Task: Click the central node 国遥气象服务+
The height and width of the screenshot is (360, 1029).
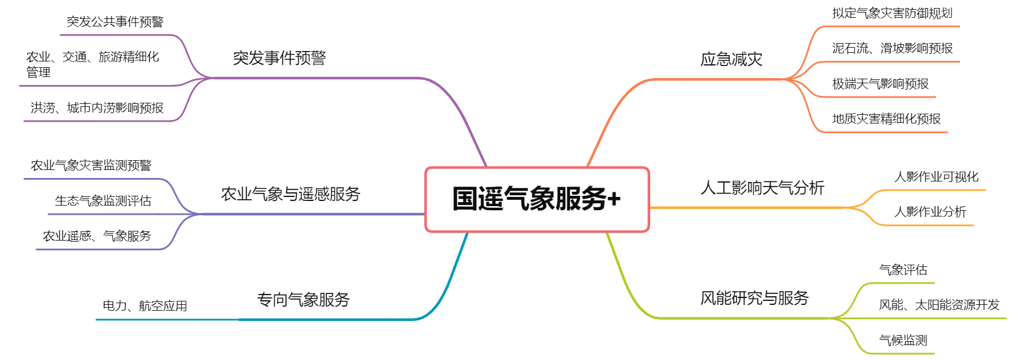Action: [537, 199]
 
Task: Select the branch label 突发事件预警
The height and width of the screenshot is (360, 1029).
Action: [279, 58]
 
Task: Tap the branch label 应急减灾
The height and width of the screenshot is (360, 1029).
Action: [731, 59]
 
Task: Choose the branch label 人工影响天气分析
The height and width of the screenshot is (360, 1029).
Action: [762, 188]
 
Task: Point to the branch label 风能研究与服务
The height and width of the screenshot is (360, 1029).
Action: [754, 298]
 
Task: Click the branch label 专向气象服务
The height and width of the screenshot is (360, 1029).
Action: [303, 300]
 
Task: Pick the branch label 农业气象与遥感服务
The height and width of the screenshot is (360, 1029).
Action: [290, 194]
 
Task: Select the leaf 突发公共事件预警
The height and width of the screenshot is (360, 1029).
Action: [115, 22]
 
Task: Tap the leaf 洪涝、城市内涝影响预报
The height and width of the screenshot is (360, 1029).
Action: [97, 108]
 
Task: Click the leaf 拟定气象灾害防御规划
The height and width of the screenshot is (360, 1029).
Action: [892, 13]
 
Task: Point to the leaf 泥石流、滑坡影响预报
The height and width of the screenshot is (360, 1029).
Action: [892, 48]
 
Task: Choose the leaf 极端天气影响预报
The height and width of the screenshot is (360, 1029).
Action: [880, 84]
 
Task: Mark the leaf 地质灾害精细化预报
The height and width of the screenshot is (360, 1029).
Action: [887, 119]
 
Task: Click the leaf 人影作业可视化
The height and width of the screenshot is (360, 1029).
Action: [937, 177]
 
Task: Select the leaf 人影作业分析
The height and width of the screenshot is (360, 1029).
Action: [930, 212]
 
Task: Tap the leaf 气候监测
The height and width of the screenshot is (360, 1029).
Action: [903, 340]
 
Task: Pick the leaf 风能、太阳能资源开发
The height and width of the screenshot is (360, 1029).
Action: [939, 305]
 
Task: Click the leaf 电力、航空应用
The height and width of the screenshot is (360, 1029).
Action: [145, 306]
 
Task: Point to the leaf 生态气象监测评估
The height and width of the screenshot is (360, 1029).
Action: [103, 201]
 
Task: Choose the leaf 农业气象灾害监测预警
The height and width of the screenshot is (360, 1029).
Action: [91, 165]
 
